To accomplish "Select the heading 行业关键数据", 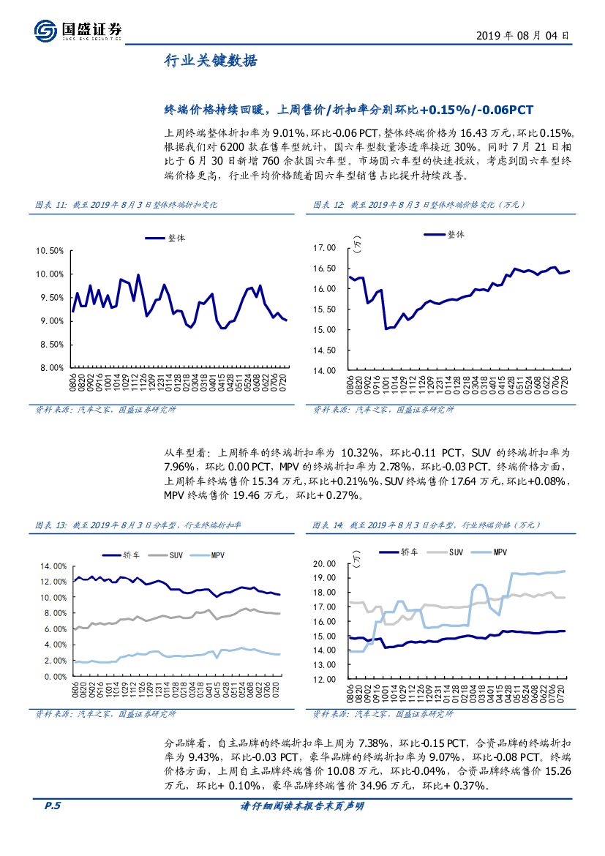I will pos(210,62).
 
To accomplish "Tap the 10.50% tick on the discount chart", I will pos(50,251).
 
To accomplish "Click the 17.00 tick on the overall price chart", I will pos(323,249).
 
